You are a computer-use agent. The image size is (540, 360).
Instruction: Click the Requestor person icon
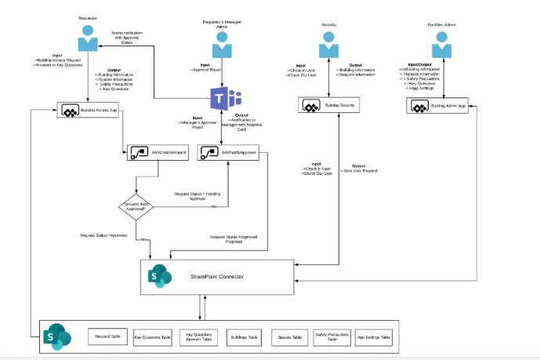(88, 38)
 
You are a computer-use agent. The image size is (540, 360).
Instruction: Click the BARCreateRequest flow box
(158, 153)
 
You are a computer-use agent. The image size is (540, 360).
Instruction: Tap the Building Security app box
(328, 105)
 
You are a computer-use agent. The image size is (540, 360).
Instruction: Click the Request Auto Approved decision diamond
(136, 206)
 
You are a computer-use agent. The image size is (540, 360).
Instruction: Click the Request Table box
(107, 336)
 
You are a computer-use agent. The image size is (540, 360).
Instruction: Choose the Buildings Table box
(243, 336)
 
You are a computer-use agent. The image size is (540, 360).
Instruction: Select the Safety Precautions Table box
(332, 336)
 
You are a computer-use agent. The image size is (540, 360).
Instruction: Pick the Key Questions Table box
(152, 336)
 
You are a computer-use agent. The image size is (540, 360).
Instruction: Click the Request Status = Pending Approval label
(193, 195)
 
